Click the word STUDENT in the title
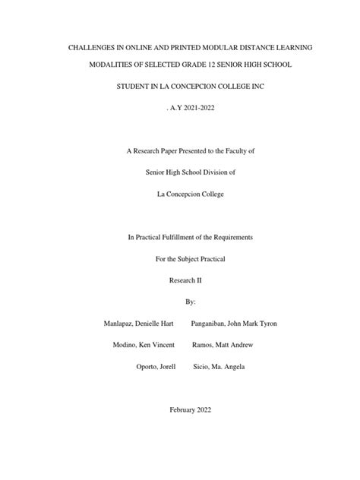pos(134,88)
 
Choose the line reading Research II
pos(180,280)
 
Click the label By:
pos(180,302)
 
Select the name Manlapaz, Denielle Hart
pos(138,323)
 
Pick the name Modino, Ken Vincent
pos(144,344)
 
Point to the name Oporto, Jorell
pos(154,366)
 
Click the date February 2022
pos(180,409)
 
